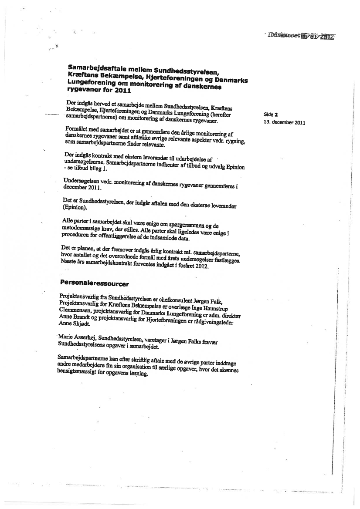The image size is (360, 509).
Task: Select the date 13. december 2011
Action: [284, 122]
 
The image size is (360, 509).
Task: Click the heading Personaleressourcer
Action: [94, 283]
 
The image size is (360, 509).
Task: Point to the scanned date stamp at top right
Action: [302, 37]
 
